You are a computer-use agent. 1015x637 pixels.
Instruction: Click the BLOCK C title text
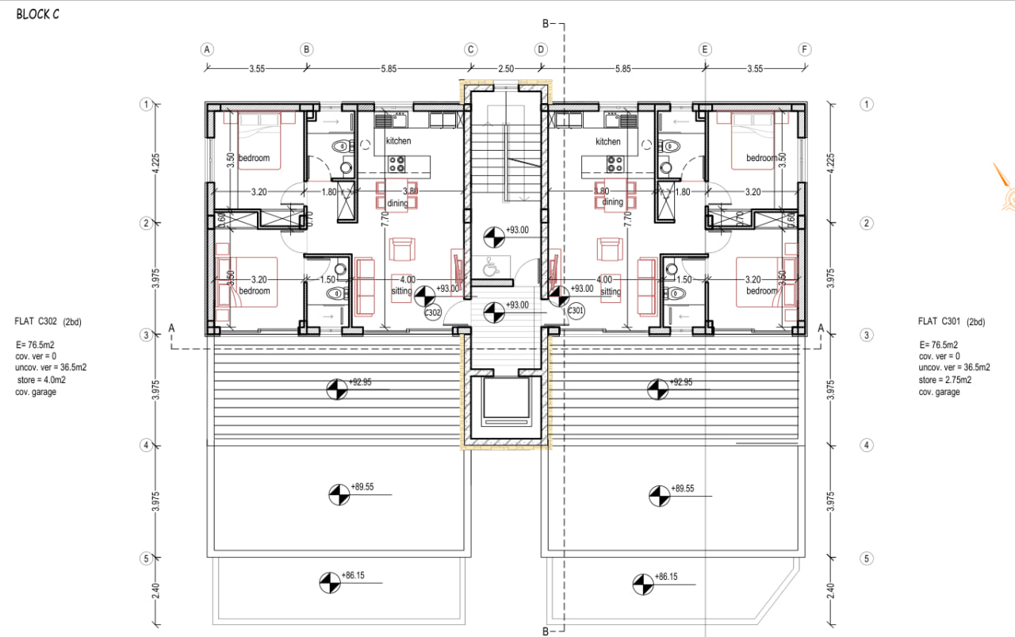click(x=37, y=15)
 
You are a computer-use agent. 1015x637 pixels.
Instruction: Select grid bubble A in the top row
click(x=207, y=48)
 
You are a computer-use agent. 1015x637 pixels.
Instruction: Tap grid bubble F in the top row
click(x=805, y=48)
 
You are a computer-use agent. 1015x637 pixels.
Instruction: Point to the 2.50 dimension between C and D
click(x=505, y=69)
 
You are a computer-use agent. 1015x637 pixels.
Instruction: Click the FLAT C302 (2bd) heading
click(x=48, y=321)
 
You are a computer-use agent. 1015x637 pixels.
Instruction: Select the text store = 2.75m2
click(x=945, y=380)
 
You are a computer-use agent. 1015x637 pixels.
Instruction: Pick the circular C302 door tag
click(x=432, y=313)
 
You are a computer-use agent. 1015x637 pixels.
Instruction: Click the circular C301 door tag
click(x=576, y=311)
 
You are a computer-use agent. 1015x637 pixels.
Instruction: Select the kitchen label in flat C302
click(x=398, y=141)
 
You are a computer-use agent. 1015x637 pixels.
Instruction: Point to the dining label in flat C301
click(x=612, y=202)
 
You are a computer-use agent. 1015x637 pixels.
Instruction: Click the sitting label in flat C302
click(x=401, y=291)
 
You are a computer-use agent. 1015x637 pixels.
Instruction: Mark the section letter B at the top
click(x=545, y=25)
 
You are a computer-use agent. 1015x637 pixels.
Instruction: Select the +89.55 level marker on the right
click(x=655, y=494)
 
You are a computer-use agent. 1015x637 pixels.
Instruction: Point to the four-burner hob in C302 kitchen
click(x=397, y=164)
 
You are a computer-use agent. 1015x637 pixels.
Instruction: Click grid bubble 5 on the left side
click(x=146, y=558)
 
